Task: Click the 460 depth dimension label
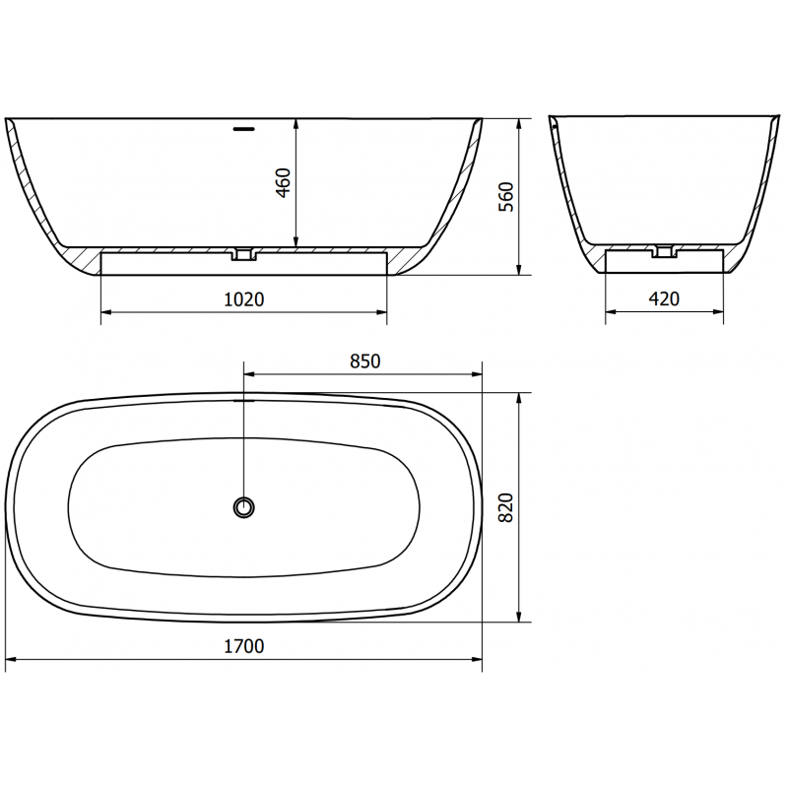284,183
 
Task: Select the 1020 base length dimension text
244,299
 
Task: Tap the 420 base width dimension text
665,299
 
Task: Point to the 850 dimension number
364,361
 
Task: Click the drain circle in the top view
243,507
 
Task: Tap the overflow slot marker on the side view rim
243,126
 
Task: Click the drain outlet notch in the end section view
665,251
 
